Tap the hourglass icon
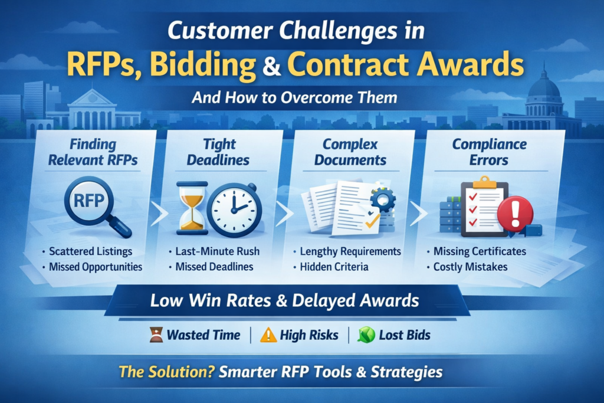click(x=192, y=208)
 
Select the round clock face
click(x=235, y=209)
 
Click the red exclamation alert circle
click(x=515, y=214)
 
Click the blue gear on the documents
click(x=383, y=199)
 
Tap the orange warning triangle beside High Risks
click(x=268, y=335)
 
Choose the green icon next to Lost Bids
click(x=366, y=335)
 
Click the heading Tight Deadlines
click(x=218, y=152)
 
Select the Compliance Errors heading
click(x=489, y=152)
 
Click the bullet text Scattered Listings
click(x=90, y=251)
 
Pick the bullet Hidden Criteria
click(x=334, y=267)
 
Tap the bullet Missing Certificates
click(x=480, y=251)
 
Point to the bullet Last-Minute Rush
click(x=217, y=251)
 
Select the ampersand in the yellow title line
click(x=272, y=65)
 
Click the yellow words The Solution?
click(x=166, y=372)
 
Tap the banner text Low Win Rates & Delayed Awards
click(x=284, y=300)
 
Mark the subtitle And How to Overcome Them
click(x=294, y=97)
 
